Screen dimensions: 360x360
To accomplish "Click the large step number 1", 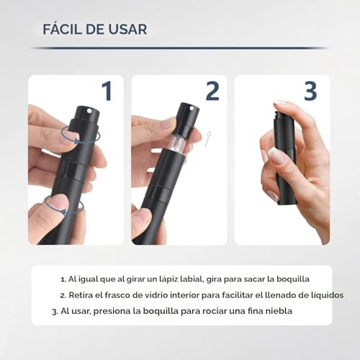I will (x=107, y=91).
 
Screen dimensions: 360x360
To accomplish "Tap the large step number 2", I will (x=212, y=91).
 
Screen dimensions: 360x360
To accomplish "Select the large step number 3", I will (x=310, y=91).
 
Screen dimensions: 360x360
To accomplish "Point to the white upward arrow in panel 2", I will (x=208, y=138).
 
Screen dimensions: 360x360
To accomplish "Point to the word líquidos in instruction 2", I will (x=323, y=295).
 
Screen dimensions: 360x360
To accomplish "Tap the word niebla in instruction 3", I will (x=276, y=311).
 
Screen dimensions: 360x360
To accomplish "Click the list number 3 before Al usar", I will (x=53, y=311).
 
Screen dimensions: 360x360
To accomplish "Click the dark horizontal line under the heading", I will (x=180, y=48).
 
